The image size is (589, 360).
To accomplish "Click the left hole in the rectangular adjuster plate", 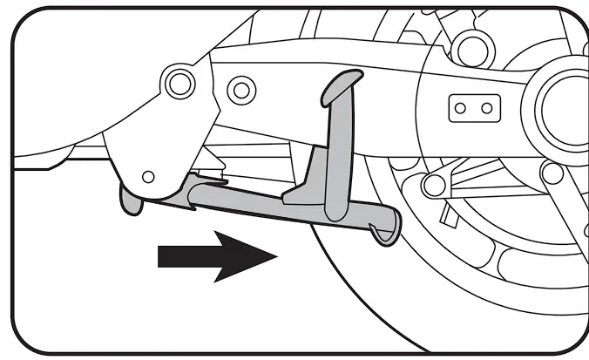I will point(460,109).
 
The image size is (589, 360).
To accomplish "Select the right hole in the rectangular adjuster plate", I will point(488,109).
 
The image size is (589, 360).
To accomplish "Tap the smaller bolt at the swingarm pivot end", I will point(236,88).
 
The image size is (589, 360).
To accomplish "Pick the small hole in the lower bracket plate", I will point(148,176).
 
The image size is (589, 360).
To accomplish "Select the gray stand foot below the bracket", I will point(130,201).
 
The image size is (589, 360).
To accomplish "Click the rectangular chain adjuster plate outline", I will point(474,95).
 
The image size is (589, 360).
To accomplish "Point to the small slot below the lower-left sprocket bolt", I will point(446,212).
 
